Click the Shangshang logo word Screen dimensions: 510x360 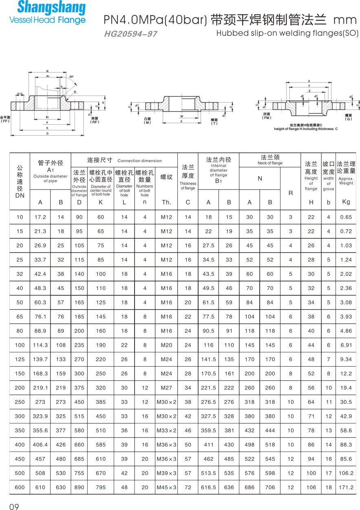(x=51, y=8)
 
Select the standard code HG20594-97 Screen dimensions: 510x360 (x=130, y=34)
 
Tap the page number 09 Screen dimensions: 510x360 (x=14, y=507)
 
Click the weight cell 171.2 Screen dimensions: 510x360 (x=346, y=487)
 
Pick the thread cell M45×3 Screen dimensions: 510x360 (x=166, y=487)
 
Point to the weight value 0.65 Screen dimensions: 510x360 (x=346, y=217)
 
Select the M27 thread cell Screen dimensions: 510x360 (x=166, y=388)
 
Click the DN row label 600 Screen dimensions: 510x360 (x=20, y=487)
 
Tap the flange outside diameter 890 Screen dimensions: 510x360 (x=79, y=487)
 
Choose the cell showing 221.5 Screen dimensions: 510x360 (x=208, y=388)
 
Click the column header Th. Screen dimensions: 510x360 (x=166, y=202)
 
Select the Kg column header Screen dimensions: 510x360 (x=346, y=202)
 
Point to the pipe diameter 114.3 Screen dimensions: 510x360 (x=40, y=345)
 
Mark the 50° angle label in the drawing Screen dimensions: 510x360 (x=71, y=77)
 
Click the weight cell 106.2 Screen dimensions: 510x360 (x=346, y=473)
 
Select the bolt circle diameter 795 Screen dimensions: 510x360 (x=100, y=487)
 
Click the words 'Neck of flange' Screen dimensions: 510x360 (x=270, y=163)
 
